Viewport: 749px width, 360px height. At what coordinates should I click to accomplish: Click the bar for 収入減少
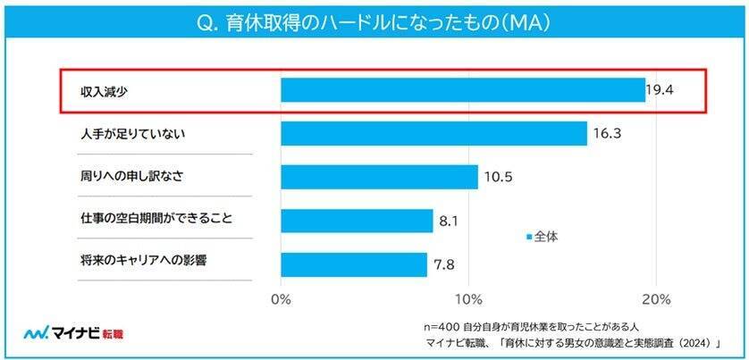click(x=462, y=90)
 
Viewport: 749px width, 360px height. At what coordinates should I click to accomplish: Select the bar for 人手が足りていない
click(x=433, y=134)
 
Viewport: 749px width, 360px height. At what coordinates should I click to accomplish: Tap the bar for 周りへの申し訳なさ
click(x=379, y=177)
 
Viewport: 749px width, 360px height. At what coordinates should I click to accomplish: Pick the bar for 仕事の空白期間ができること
click(x=357, y=221)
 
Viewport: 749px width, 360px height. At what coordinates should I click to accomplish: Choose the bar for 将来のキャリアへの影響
click(x=354, y=264)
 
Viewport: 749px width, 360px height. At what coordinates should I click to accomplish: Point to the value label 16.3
click(x=605, y=134)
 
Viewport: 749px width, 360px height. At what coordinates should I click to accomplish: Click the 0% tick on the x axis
click(x=281, y=297)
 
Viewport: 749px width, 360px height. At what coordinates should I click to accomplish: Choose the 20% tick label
click(x=657, y=297)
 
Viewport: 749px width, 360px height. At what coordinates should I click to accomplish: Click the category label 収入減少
click(x=100, y=90)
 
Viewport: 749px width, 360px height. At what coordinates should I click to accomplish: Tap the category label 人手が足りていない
click(x=132, y=134)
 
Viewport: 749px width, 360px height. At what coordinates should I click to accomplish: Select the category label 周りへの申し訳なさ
click(x=132, y=177)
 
